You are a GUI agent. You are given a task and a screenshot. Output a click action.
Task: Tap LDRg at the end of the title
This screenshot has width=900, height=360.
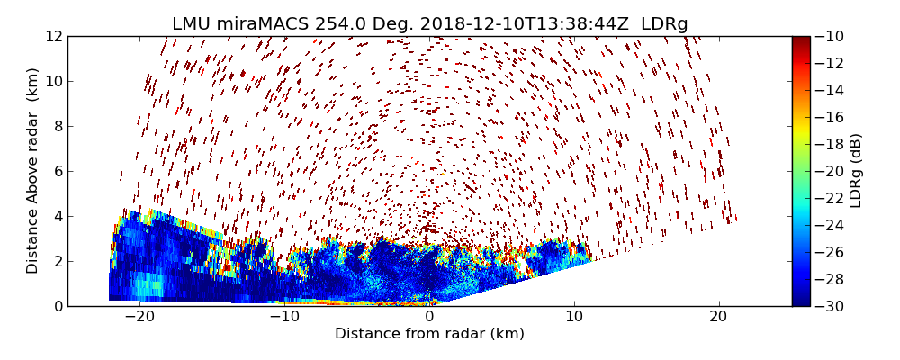664,24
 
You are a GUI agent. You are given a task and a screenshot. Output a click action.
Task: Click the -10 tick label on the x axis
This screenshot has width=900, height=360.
284,317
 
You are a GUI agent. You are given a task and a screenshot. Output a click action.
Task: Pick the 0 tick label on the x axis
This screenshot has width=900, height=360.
429,317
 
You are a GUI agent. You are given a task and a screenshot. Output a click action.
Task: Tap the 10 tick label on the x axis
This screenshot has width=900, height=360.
574,317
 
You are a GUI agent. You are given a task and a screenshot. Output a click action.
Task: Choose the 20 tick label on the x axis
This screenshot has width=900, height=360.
718,317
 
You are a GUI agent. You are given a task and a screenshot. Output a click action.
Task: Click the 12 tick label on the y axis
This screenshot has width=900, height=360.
53,36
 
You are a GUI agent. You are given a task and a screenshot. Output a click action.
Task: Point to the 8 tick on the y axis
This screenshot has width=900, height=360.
57,126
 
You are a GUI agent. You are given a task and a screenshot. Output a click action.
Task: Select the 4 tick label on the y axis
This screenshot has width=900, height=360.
57,216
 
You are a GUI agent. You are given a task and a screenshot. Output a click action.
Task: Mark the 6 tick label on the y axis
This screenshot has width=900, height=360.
57,171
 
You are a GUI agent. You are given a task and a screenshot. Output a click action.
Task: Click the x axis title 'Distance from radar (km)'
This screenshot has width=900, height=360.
429,334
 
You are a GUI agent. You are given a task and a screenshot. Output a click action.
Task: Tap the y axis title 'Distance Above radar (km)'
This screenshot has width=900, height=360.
32,171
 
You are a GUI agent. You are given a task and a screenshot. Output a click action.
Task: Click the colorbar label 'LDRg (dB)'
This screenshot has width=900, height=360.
856,171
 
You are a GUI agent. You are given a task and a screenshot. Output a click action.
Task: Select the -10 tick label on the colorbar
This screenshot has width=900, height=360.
828,36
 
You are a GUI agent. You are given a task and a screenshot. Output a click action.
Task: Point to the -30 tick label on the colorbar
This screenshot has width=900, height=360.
828,306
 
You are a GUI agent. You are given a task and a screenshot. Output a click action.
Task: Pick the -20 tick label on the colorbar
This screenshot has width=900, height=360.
828,171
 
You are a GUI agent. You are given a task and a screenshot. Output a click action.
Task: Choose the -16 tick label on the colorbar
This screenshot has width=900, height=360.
828,117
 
